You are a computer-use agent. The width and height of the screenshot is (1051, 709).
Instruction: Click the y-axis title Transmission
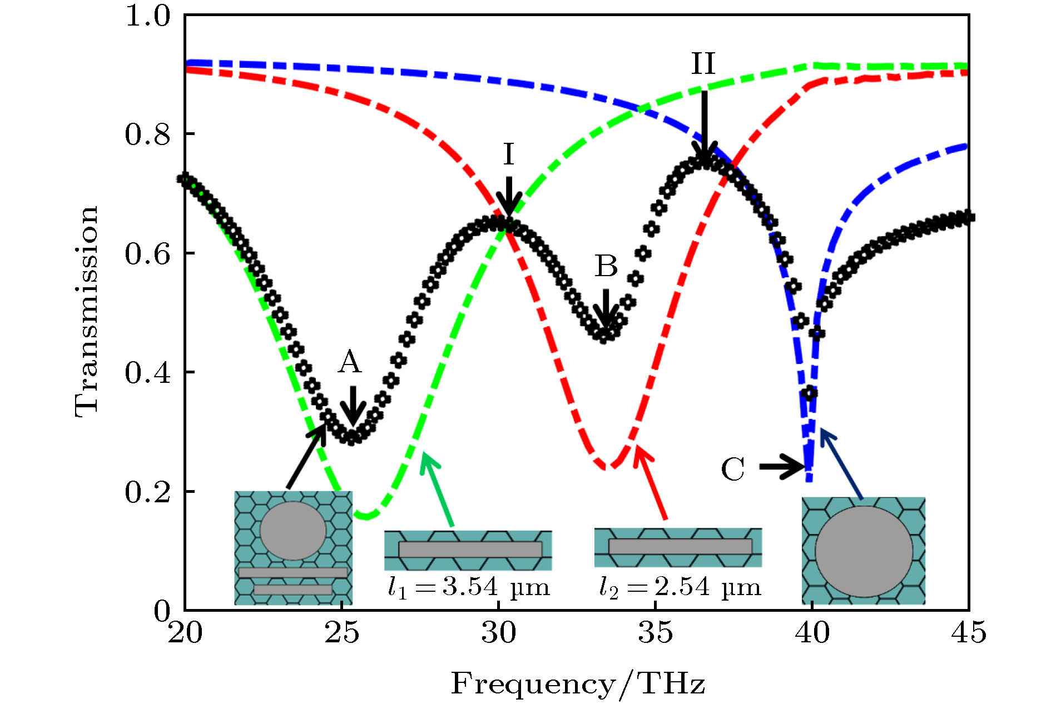(x=87, y=311)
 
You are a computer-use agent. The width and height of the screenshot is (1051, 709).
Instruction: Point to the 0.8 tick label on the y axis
(x=147, y=134)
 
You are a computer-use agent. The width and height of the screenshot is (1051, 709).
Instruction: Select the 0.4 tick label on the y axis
(x=147, y=372)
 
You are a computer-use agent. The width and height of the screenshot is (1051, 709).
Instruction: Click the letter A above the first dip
(x=350, y=362)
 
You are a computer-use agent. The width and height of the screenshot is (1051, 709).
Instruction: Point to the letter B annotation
(x=606, y=266)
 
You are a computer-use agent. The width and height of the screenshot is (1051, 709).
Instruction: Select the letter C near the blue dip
(x=732, y=470)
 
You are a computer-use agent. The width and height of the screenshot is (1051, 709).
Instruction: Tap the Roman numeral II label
(x=703, y=64)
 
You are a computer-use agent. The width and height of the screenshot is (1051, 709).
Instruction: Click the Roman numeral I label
(x=508, y=154)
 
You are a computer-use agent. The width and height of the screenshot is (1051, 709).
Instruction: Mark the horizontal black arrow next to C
(x=781, y=466)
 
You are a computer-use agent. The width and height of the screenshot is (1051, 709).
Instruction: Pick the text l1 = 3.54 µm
(x=468, y=588)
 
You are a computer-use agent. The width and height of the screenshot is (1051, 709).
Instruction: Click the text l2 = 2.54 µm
(x=680, y=588)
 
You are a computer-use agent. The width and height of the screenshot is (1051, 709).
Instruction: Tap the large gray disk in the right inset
(x=864, y=551)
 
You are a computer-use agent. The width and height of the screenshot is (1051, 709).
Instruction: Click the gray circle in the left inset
(x=293, y=531)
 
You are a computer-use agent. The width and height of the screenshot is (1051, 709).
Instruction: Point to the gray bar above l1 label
(x=470, y=550)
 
